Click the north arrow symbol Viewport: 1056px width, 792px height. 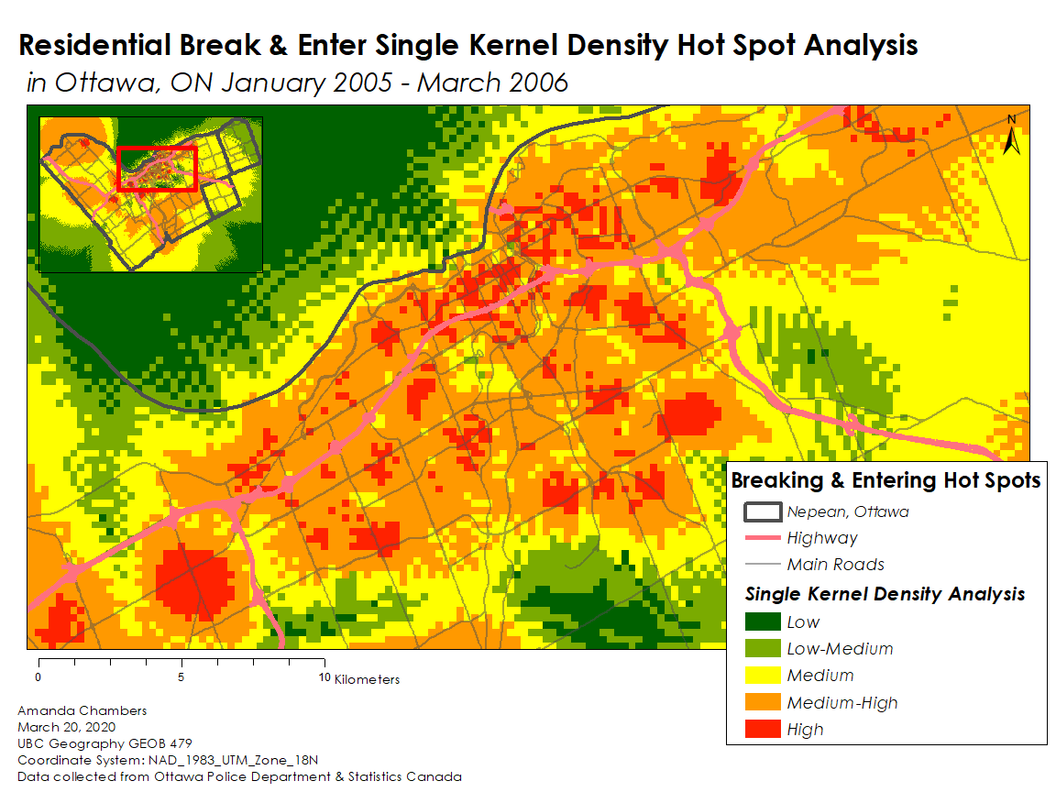pos(1012,136)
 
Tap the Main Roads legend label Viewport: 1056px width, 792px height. pos(835,565)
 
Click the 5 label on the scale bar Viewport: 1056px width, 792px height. pos(181,678)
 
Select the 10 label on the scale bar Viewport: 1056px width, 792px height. pos(324,678)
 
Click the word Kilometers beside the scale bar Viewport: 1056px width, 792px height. pos(368,679)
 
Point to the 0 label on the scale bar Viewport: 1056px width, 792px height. pos(38,678)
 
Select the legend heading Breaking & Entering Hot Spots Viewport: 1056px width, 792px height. pos(885,480)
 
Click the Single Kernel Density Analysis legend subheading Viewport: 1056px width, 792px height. pos(885,594)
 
